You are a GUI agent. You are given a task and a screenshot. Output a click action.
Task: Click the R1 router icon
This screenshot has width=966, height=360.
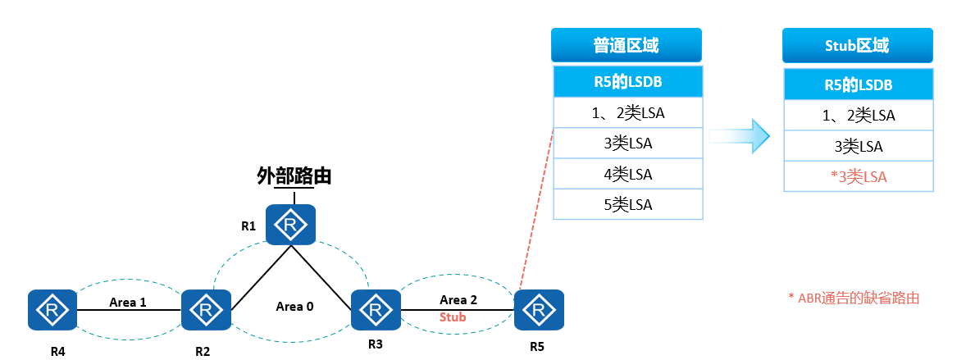coord(290,224)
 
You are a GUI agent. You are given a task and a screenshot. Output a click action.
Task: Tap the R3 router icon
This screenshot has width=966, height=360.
coord(376,310)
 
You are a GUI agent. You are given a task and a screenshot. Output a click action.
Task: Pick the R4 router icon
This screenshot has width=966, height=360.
coord(52,310)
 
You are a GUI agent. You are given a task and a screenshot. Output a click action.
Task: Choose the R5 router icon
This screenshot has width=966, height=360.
coord(539,310)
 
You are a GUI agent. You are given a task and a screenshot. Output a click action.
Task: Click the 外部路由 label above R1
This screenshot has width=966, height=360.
coord(294,175)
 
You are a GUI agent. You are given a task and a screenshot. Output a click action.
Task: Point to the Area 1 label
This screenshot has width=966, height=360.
coord(128,302)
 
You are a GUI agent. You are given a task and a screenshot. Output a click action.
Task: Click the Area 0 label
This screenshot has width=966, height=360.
coord(294,306)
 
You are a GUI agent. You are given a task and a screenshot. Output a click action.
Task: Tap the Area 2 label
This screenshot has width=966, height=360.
coord(458,299)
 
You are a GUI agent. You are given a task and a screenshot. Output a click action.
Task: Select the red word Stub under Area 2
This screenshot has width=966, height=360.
coord(453,316)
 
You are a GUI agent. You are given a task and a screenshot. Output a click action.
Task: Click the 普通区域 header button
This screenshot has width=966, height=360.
coord(627,45)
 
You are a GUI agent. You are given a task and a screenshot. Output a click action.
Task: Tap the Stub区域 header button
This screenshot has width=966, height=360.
coord(857,45)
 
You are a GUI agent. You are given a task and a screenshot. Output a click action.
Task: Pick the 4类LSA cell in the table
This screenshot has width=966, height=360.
coord(628,174)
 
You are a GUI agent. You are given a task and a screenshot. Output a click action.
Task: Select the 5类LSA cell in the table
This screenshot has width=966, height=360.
coord(628,204)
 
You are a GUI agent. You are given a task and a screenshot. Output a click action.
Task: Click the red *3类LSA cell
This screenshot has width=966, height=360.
coord(858,176)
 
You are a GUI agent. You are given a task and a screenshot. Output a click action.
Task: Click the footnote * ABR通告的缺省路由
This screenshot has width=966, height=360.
coord(853,298)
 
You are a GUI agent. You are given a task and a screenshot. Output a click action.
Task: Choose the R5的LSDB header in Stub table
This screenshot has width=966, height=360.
coord(858,84)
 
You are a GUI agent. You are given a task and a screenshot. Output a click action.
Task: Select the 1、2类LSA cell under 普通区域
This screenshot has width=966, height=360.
coord(628,113)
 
